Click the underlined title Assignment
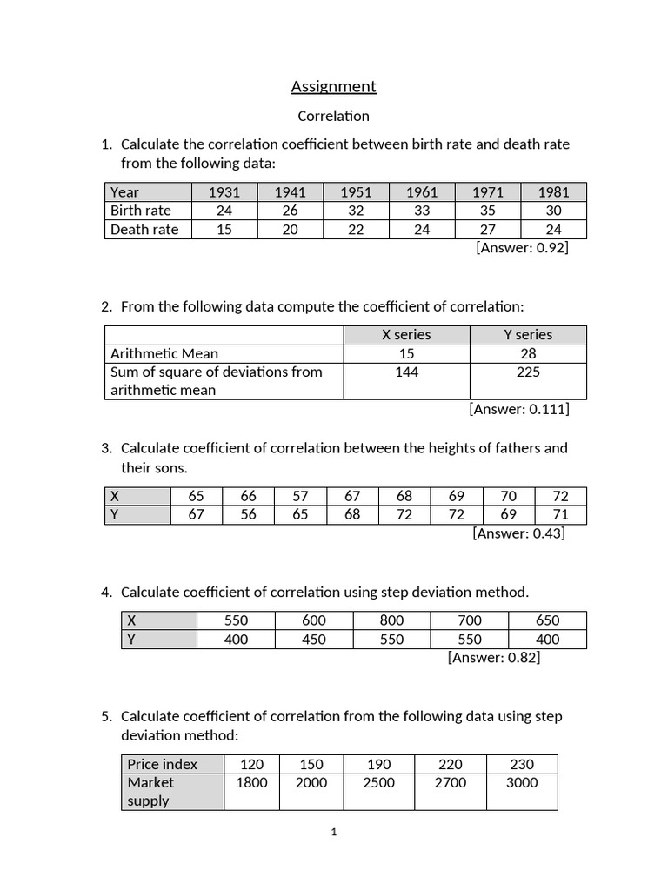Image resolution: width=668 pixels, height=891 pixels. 333,86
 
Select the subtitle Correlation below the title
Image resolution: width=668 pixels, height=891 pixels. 333,116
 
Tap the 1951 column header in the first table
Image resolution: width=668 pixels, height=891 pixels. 356,191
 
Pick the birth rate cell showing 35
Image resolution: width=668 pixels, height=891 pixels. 487,211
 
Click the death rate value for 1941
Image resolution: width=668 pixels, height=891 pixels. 290,230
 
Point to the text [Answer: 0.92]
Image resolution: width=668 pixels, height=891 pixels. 522,248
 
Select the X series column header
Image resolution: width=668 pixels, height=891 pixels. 406,335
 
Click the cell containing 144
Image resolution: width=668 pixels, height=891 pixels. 406,372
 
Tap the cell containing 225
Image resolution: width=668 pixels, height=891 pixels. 527,372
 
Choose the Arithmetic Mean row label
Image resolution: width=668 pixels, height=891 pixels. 164,353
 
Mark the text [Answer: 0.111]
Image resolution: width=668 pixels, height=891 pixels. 519,409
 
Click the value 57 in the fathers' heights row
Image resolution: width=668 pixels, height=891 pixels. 300,496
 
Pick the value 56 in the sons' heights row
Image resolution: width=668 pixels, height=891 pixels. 249,515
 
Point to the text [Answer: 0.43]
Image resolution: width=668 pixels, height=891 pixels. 518,533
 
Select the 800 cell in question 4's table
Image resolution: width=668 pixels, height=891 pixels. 391,620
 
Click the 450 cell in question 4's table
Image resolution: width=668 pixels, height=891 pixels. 313,640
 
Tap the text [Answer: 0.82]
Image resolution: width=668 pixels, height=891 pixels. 494,658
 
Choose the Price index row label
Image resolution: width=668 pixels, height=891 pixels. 162,764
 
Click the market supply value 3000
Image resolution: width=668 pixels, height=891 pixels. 521,782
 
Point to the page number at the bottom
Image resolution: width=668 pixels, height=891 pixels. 334,833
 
